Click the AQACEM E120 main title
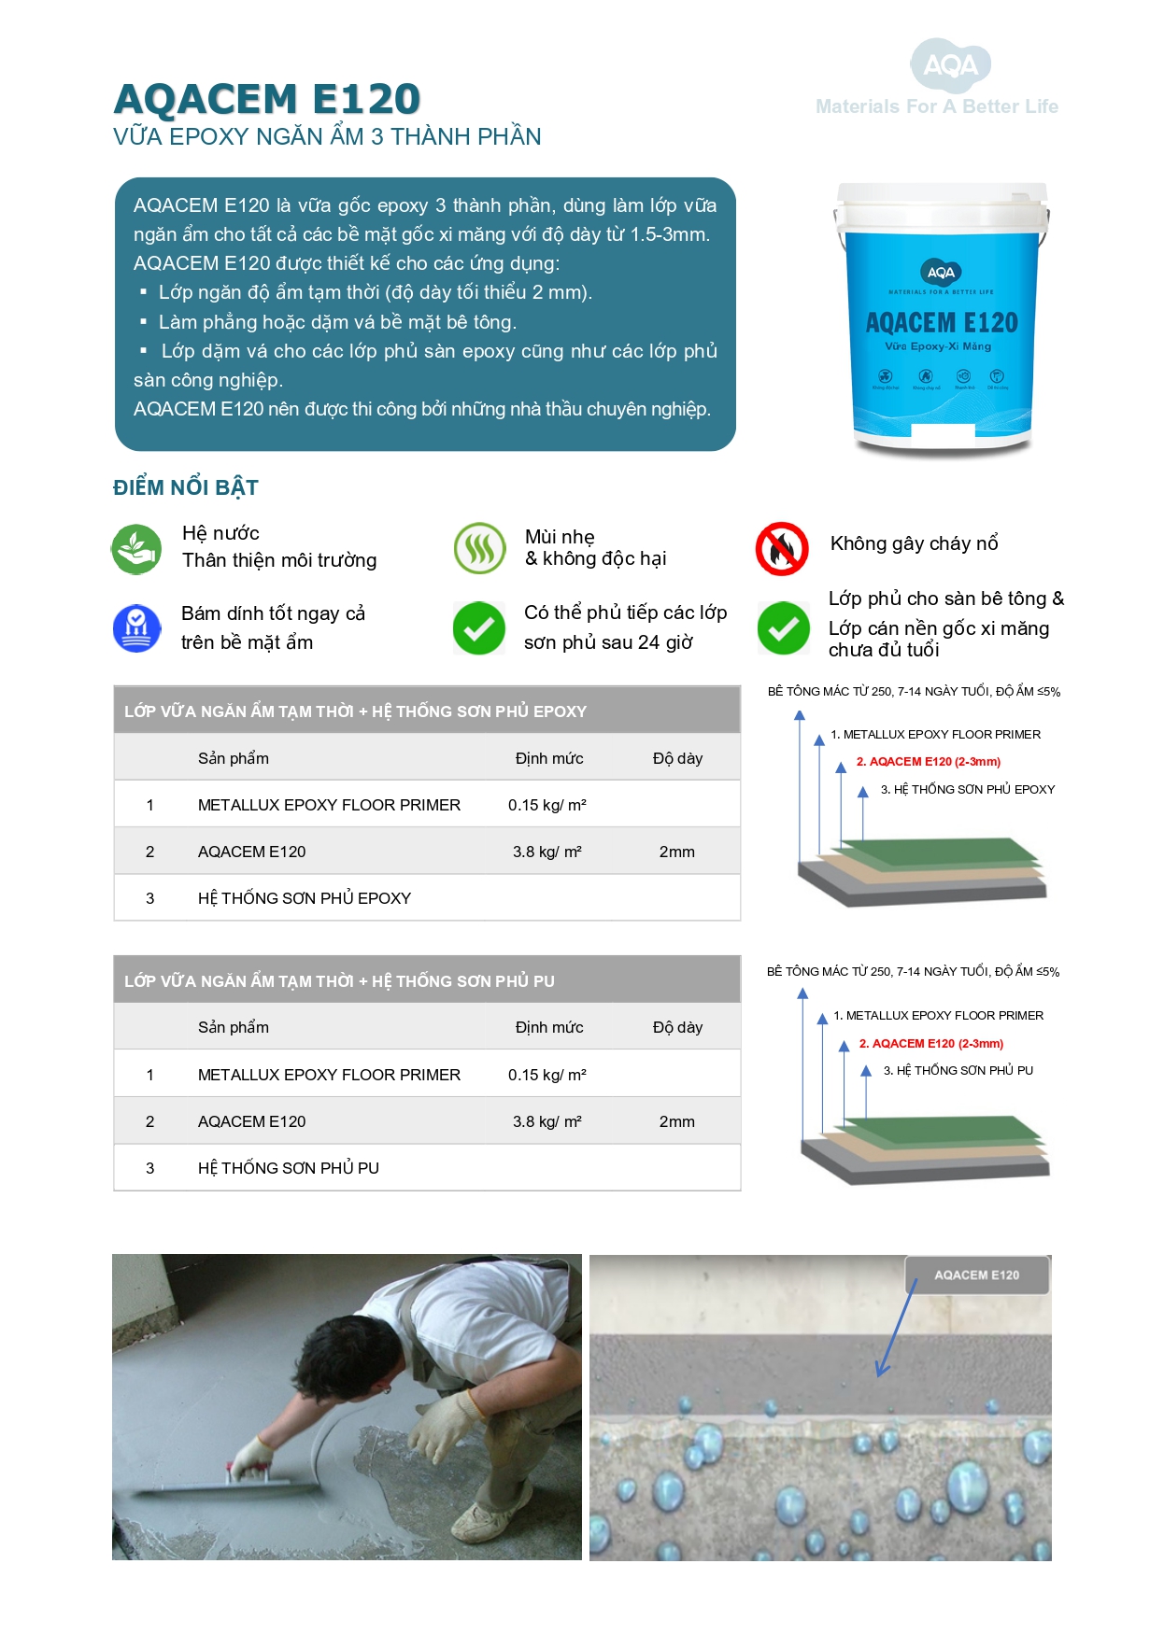pyautogui.click(x=266, y=99)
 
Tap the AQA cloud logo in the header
pyautogui.click(x=950, y=65)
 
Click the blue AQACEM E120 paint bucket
pyautogui.click(x=941, y=317)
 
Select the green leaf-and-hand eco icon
pyautogui.click(x=136, y=548)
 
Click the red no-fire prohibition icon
pyautogui.click(x=781, y=548)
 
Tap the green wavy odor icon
pyautogui.click(x=479, y=548)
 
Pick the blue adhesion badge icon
pyautogui.click(x=136, y=627)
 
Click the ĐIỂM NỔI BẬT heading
pyautogui.click(x=185, y=487)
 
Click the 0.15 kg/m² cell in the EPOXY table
pyautogui.click(x=547, y=805)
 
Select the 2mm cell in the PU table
pyautogui.click(x=676, y=1121)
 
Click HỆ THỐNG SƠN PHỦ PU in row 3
pyautogui.click(x=288, y=1168)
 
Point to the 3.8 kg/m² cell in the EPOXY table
pyautogui.click(x=547, y=852)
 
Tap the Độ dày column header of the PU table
pyautogui.click(x=677, y=1027)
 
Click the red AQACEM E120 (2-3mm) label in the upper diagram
pyautogui.click(x=928, y=762)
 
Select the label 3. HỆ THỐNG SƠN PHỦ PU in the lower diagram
pyautogui.click(x=958, y=1070)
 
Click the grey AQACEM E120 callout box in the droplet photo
pyautogui.click(x=976, y=1275)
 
